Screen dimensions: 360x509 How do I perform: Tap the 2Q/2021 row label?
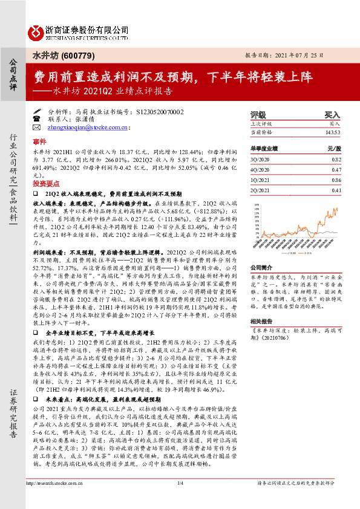tap(261, 190)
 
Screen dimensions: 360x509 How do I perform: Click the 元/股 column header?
tap(334, 147)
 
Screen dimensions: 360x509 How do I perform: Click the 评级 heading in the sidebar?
tap(258, 114)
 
